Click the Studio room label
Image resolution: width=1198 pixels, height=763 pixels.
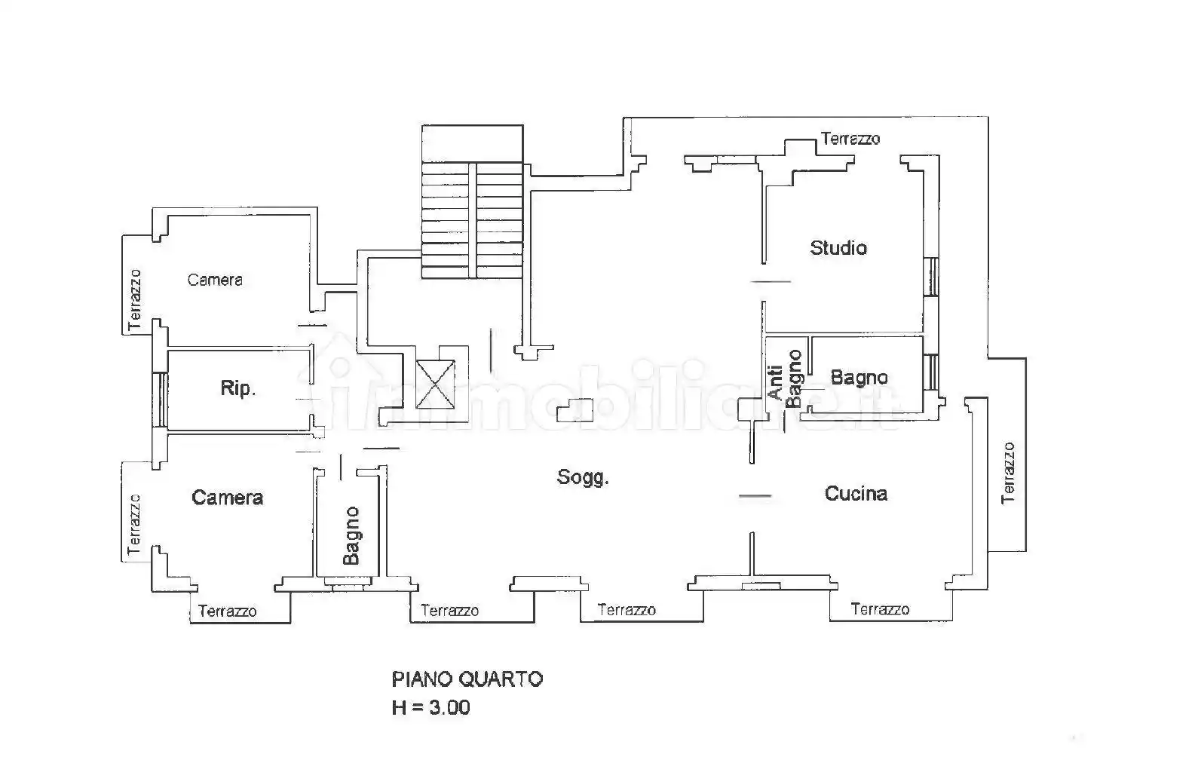(838, 248)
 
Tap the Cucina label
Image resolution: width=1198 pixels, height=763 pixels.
(856, 494)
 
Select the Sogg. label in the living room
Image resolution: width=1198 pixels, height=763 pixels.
(583, 477)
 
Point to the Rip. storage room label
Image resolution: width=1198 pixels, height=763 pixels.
(238, 388)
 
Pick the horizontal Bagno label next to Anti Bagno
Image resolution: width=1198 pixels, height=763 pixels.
(859, 377)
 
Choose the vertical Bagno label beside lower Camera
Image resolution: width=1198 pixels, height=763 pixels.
(351, 536)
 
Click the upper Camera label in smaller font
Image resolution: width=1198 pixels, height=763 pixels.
(215, 280)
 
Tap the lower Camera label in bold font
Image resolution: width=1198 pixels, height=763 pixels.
(227, 498)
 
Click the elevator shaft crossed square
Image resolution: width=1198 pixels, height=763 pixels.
(437, 383)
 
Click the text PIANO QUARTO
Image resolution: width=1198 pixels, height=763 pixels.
(467, 679)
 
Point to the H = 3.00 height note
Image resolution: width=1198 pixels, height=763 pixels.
(430, 707)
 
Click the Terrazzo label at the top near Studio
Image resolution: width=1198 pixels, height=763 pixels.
(850, 139)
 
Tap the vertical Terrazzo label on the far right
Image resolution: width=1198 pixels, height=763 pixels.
(1008, 473)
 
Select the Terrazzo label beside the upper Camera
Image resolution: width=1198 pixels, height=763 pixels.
(135, 299)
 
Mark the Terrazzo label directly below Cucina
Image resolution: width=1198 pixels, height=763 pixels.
(880, 609)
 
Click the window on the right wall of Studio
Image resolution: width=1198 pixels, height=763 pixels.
(932, 277)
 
